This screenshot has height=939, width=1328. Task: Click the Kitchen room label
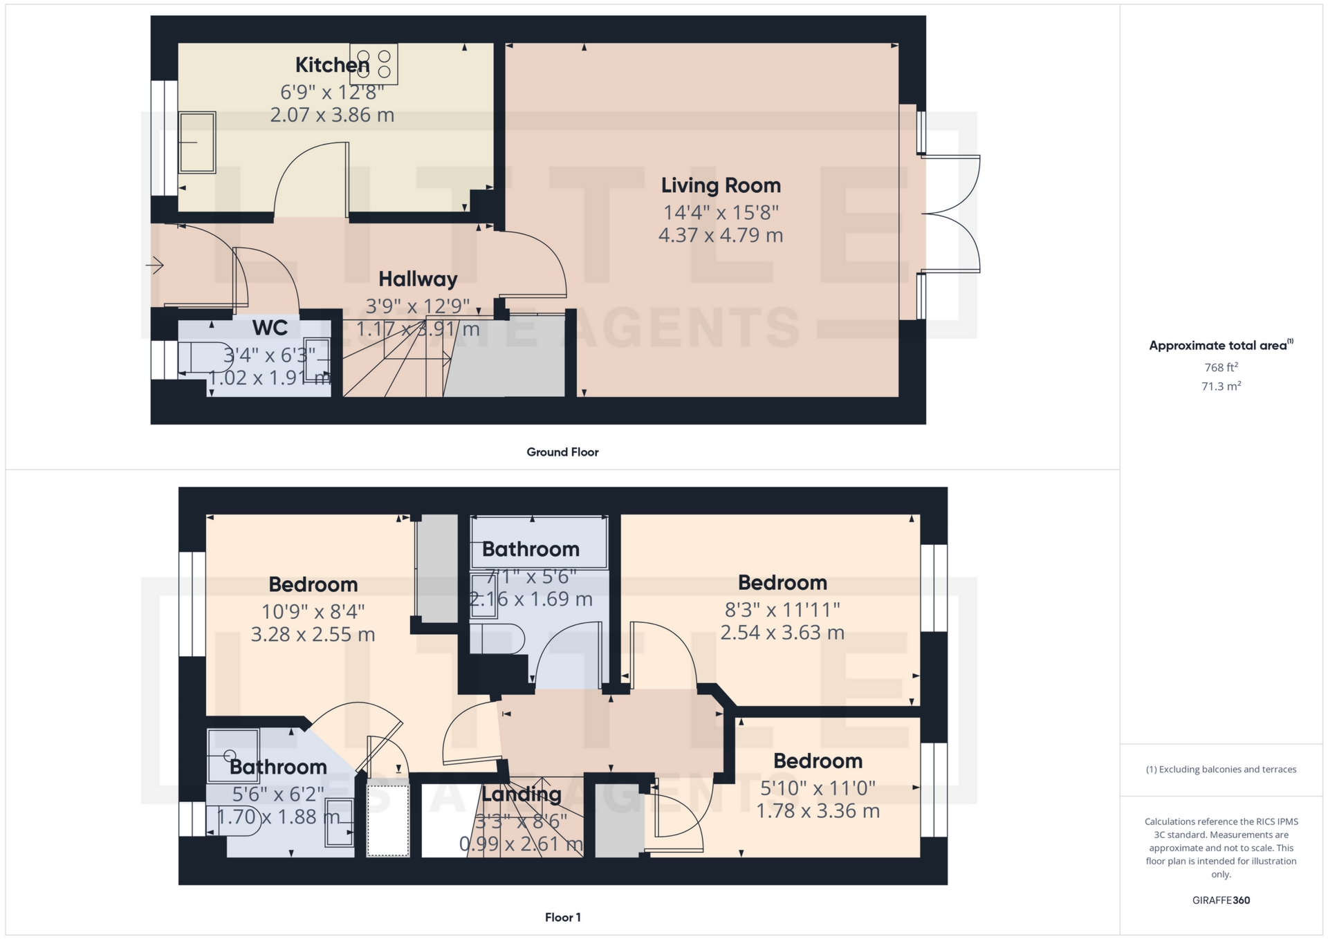click(332, 65)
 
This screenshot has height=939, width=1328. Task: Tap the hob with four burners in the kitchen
click(374, 64)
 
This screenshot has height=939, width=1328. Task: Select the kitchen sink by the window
click(197, 142)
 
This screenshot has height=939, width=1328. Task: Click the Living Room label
click(721, 185)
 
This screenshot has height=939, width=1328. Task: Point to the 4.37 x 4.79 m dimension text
click(721, 235)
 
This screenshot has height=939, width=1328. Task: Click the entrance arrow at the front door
click(155, 265)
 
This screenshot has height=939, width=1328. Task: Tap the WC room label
click(270, 328)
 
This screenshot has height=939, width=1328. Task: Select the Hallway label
click(418, 279)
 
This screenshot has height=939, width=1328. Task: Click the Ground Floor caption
click(562, 452)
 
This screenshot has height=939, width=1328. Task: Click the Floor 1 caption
click(562, 918)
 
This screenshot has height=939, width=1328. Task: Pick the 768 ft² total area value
click(1221, 367)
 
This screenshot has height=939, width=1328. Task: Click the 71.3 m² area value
click(1221, 386)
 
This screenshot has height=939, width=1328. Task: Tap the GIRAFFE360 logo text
click(1221, 900)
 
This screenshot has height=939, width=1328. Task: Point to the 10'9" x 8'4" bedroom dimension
click(313, 612)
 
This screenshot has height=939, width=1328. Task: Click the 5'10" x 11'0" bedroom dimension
click(818, 788)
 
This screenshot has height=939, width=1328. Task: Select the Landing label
click(521, 794)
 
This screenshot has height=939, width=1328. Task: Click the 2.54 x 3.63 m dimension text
click(782, 633)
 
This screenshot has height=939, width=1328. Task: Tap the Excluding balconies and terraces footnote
click(1221, 770)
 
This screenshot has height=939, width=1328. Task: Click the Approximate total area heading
click(1219, 346)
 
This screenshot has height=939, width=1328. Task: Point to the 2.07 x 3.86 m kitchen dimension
click(332, 115)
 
